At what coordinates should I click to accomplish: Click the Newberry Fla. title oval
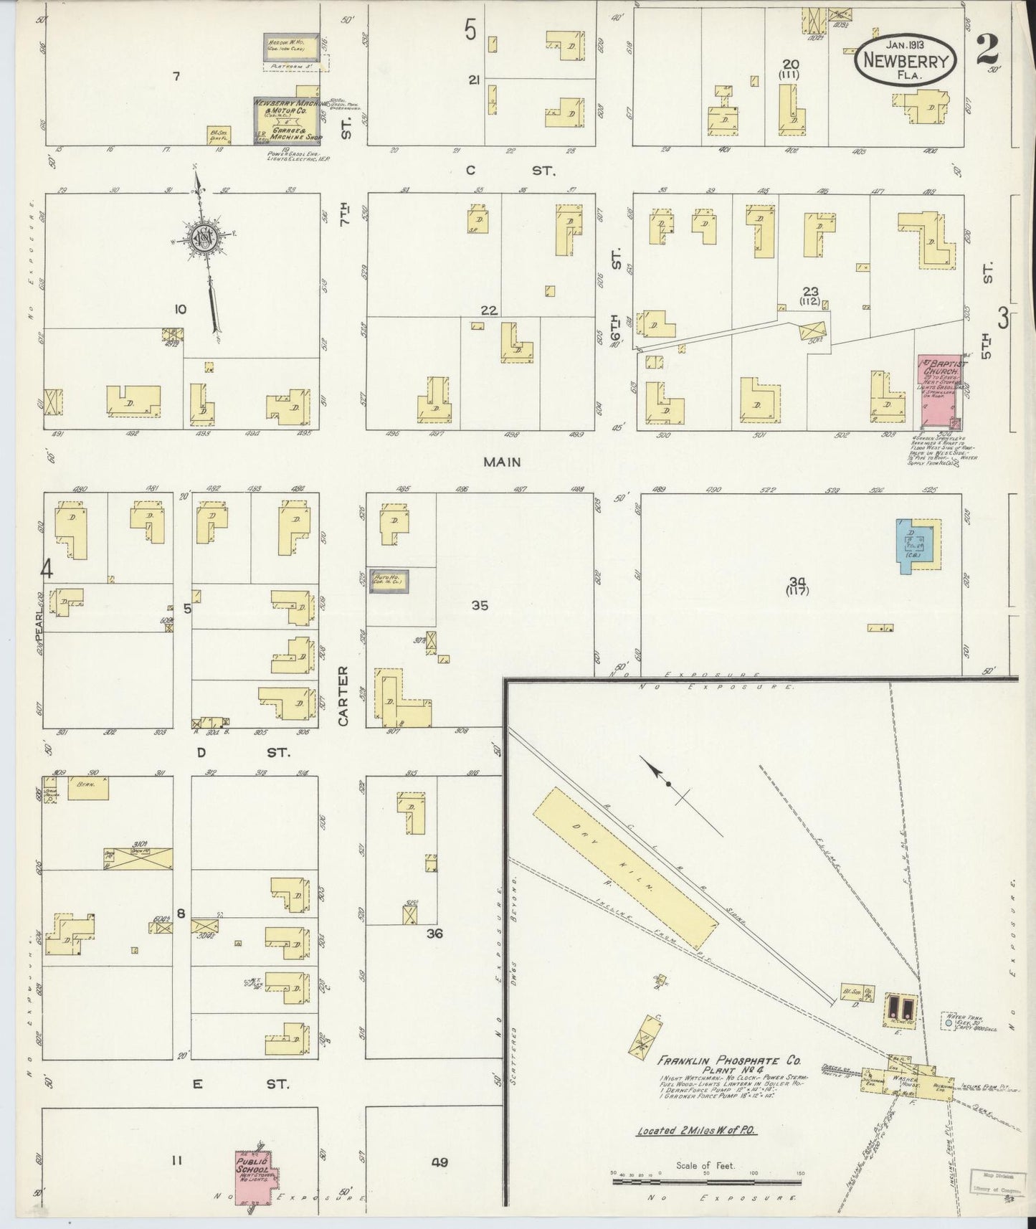pyautogui.click(x=906, y=61)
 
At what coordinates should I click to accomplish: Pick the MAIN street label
pyautogui.click(x=501, y=462)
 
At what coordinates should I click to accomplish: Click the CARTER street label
pyautogui.click(x=343, y=695)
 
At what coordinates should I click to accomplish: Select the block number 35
pyautogui.click(x=479, y=605)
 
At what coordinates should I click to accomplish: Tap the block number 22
pyautogui.click(x=489, y=310)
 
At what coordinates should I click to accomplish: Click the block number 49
pyautogui.click(x=439, y=1162)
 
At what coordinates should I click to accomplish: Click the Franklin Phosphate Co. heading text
pyautogui.click(x=730, y=1060)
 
